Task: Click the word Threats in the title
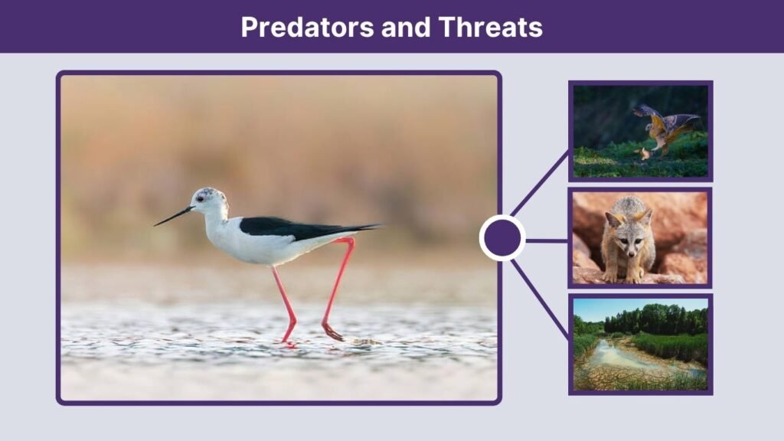(490, 27)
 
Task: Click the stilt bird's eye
(200, 198)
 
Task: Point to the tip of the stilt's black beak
(155, 225)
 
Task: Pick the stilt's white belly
(260, 249)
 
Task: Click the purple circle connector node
(502, 238)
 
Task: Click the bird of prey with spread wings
(665, 126)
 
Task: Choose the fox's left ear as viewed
(612, 219)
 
